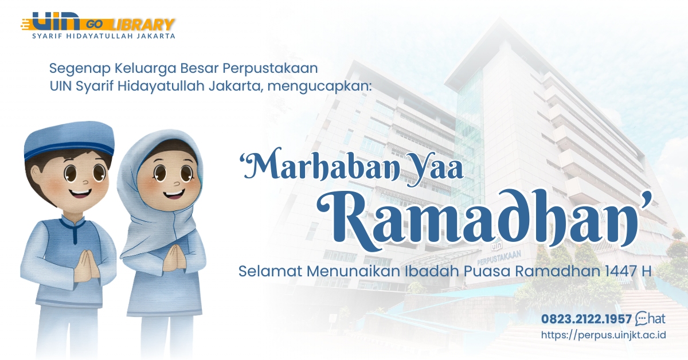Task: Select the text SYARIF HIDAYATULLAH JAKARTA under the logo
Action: tap(103, 36)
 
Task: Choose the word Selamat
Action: tap(269, 271)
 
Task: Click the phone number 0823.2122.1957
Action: tap(586, 319)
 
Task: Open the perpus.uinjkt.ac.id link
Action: tap(603, 335)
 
